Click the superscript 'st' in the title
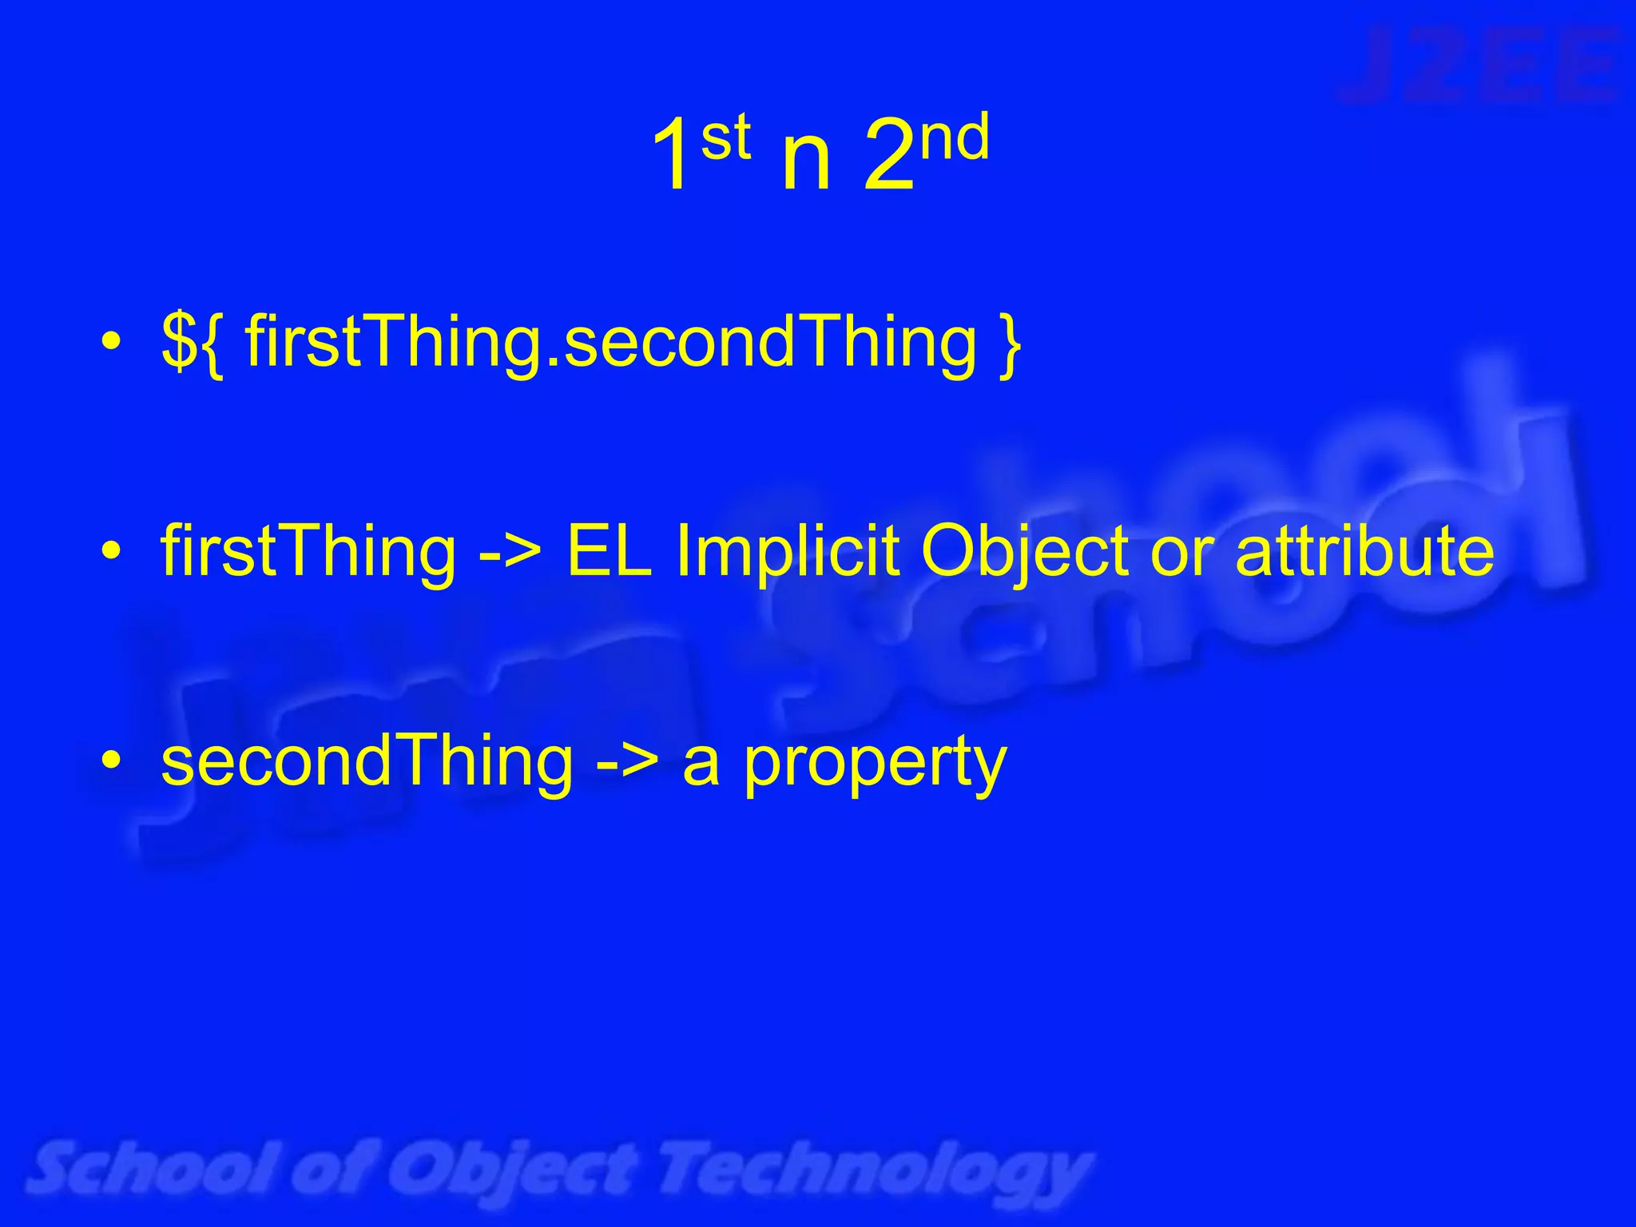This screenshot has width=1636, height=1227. [x=725, y=137]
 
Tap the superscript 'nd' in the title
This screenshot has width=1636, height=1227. [x=955, y=137]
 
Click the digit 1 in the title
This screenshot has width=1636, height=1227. [x=673, y=157]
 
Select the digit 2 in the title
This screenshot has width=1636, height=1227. [x=888, y=157]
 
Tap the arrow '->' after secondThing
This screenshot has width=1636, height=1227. [x=627, y=762]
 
